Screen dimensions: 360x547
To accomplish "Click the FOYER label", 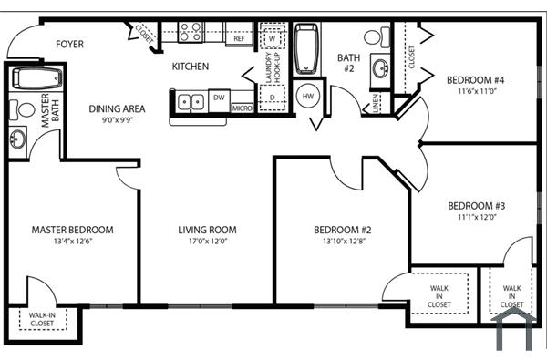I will pos(70,44).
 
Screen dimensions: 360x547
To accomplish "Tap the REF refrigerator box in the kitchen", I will pos(239,38).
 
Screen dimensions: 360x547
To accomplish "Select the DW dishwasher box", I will pos(219,97).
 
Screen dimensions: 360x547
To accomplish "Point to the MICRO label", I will pos(242,108).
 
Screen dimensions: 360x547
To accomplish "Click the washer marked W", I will pos(272,38).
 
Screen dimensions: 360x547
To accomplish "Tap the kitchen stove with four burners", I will pos(190,33).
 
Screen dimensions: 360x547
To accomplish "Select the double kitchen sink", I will pos(191,100).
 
